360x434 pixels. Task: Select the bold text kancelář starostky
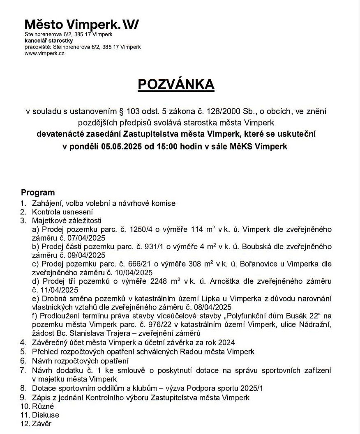(x=48, y=41)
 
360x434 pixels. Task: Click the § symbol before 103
(x=121, y=111)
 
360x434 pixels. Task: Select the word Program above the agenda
(x=38, y=192)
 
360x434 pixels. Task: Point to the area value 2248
(x=161, y=281)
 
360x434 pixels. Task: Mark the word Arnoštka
(x=226, y=281)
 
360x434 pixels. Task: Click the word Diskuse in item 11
(x=46, y=415)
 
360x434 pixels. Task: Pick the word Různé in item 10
(x=43, y=406)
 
